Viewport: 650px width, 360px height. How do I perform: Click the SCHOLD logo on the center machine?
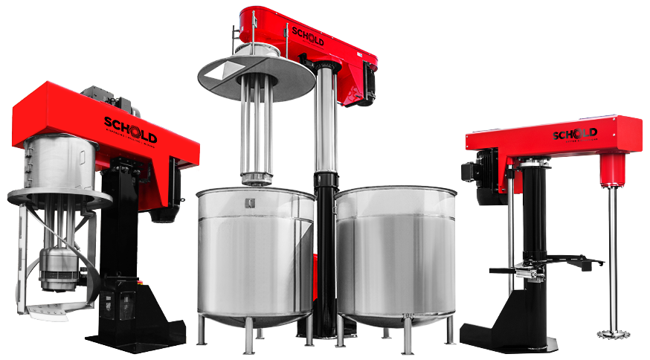pyautogui.click(x=307, y=36)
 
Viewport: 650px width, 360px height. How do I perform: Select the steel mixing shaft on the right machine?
pyautogui.click(x=612, y=253)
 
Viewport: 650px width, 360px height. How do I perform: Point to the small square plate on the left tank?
pyautogui.click(x=248, y=202)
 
